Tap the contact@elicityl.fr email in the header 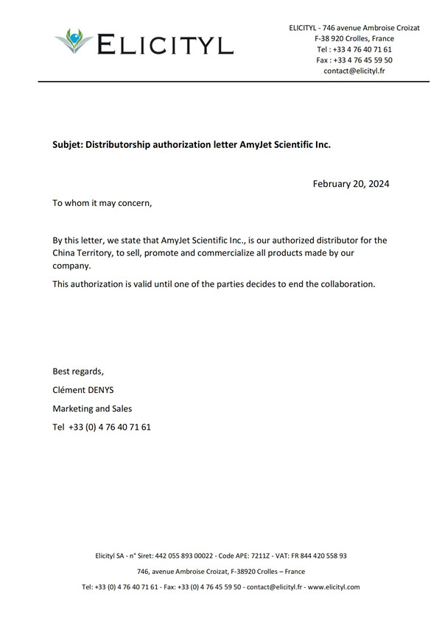(x=354, y=71)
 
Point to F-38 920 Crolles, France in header (x=354, y=38)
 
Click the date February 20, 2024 (x=351, y=183)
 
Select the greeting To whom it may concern (x=102, y=203)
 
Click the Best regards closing (x=78, y=371)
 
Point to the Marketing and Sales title (x=92, y=408)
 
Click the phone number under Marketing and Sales (x=110, y=428)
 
